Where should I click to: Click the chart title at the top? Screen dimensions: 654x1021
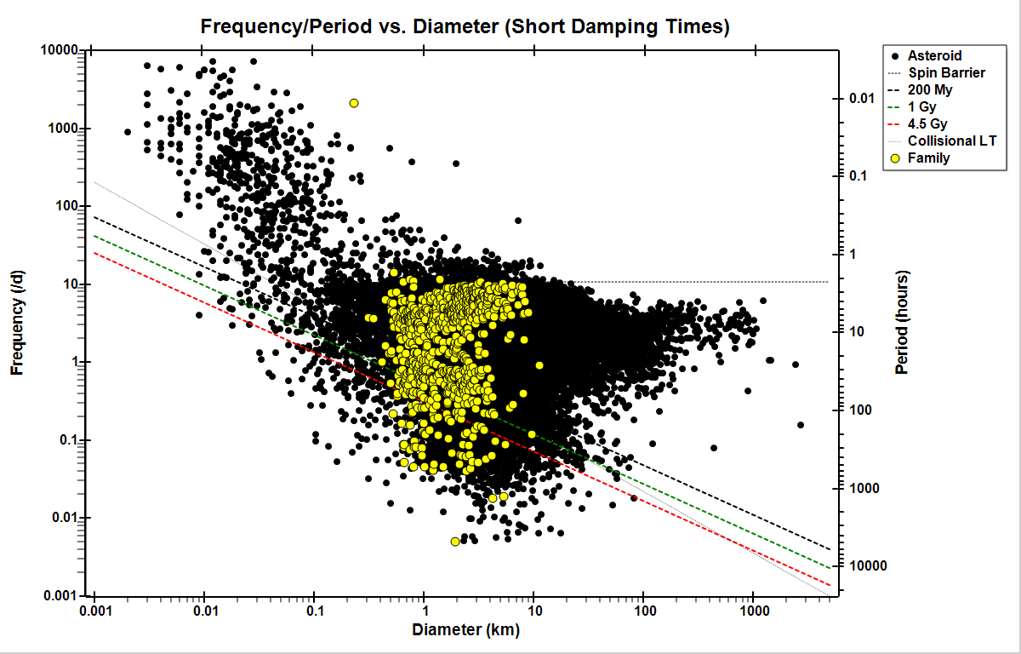465,26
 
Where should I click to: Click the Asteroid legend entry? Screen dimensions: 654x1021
934,56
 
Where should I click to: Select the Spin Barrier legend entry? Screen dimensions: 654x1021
946,73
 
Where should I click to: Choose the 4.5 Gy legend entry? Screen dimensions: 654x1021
929,124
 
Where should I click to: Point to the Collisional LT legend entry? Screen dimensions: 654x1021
952,141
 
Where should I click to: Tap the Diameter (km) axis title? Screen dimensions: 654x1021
465,631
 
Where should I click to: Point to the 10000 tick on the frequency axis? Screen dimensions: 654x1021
60,50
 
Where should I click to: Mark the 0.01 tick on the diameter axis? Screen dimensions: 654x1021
204,612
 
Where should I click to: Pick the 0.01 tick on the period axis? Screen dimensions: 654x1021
864,99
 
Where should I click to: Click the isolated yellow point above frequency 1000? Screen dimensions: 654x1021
354,103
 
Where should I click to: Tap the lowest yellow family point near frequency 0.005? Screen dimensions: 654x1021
455,542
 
